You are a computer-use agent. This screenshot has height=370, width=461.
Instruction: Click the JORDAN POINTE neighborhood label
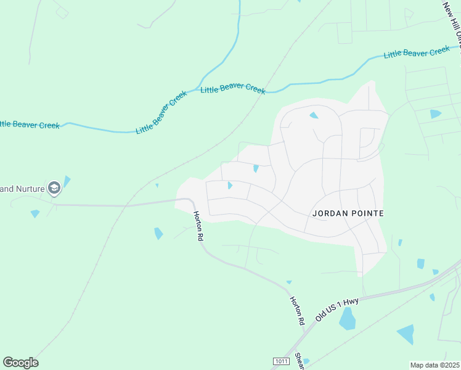pos(348,213)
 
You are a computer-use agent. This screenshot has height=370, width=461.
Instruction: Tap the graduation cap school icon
pos(54,187)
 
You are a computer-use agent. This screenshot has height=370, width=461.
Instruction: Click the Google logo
pos(20,363)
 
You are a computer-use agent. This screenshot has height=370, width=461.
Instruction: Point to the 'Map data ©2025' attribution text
pos(434,365)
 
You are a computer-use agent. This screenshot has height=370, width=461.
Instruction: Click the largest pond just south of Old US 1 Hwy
pos(348,319)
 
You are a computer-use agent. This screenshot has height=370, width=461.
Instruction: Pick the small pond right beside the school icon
pos(67,181)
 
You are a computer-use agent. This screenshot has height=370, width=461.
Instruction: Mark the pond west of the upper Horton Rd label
pos(158,234)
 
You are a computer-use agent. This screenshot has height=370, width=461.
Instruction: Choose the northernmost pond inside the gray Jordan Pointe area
pos(314,115)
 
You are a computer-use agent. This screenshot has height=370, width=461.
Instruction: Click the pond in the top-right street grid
pos(436,114)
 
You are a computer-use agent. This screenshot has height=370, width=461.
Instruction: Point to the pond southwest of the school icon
pos(35,213)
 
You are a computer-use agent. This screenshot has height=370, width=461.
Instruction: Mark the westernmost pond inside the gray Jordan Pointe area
pos(230,185)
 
